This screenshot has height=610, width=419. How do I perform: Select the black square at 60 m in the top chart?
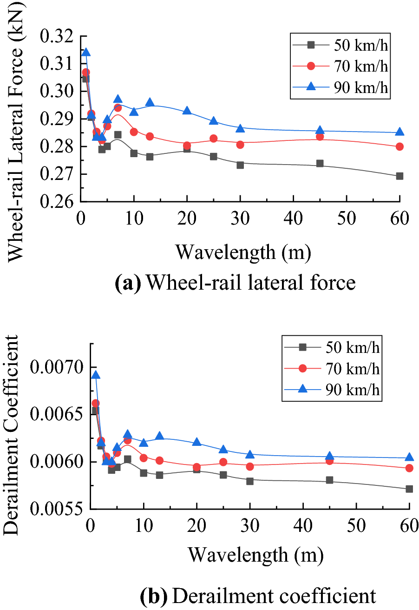coord(399,176)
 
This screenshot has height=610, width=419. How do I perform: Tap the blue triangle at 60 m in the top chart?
coord(399,132)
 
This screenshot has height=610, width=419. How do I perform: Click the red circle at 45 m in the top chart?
coord(320,137)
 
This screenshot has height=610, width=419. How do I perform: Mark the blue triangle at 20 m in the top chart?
coord(187,110)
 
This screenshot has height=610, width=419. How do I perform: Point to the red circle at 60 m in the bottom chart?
coord(409,468)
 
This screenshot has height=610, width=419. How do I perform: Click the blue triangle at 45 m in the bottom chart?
coord(329,456)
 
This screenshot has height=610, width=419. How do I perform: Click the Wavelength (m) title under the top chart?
coord(242,252)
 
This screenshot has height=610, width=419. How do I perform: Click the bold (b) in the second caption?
coord(153,596)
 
